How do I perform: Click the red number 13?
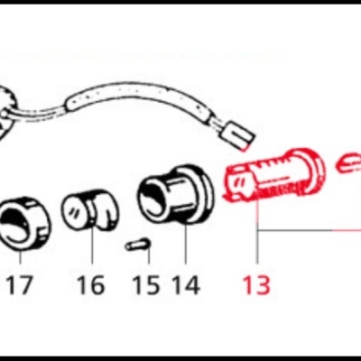point(256,285)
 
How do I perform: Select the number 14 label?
point(185,285)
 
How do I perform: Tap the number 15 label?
point(145,285)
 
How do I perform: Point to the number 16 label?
point(90,285)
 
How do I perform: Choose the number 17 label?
point(20,285)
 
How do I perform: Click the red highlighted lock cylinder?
point(271,177)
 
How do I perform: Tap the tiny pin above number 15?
point(137,244)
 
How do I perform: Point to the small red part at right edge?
point(348,164)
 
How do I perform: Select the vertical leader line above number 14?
point(186,244)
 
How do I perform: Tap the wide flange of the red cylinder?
point(312,167)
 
